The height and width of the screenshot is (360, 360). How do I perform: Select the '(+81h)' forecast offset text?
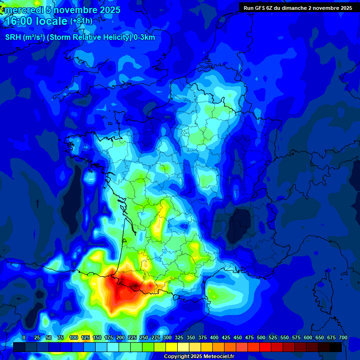tap(81, 21)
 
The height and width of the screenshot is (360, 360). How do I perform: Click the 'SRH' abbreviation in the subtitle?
tap(12, 37)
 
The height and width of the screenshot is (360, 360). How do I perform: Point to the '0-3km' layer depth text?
tap(144, 37)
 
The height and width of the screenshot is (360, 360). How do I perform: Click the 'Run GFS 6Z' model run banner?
tap(261, 8)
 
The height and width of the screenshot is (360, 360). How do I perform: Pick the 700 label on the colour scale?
tap(343, 337)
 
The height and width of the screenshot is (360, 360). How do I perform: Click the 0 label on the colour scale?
tap(24, 337)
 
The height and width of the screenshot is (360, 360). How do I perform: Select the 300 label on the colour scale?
tap(167, 337)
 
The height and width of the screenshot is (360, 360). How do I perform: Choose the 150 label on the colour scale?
tap(97, 337)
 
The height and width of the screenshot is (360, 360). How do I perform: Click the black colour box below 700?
tap(336, 347)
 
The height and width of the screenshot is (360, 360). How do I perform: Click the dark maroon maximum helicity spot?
tap(136, 285)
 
